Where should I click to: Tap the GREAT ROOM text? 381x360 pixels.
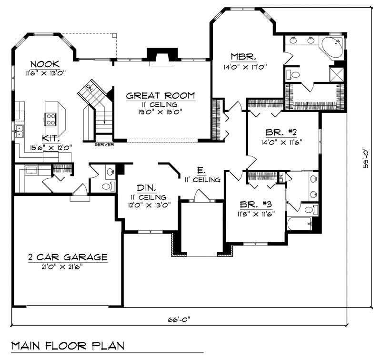pos(160,95)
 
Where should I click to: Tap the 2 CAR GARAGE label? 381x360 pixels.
pos(67,257)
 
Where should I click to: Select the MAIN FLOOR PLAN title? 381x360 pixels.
pos(67,344)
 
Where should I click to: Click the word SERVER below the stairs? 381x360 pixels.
pos(104,144)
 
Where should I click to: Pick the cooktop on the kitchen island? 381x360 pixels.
pos(50,118)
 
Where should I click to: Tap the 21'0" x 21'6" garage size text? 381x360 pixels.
pos(67,267)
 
